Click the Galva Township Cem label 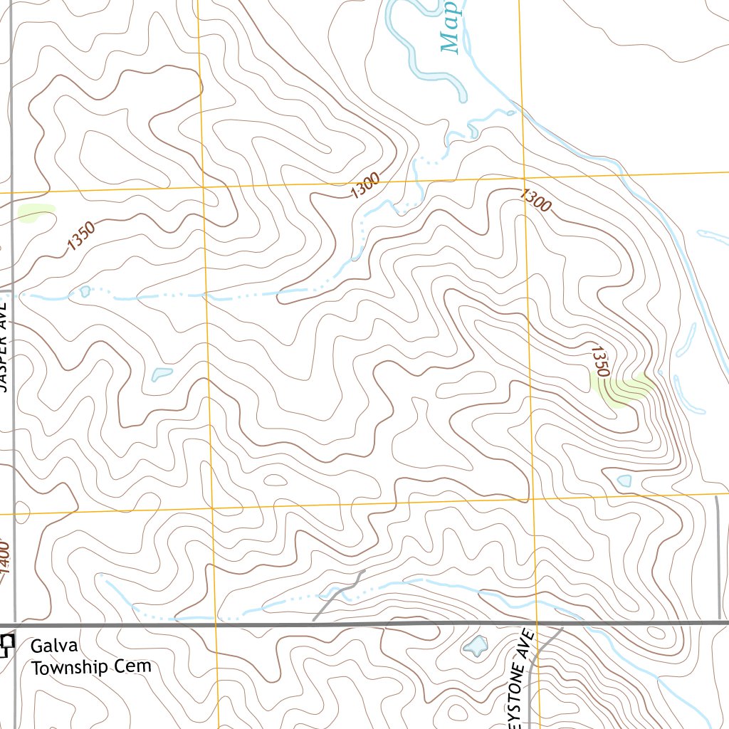point(91,656)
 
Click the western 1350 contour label point(80,237)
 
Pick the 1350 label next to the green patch point(600,360)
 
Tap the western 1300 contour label point(365,187)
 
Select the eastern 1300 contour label point(535,200)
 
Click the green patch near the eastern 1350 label point(623,387)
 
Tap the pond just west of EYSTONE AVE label point(475,646)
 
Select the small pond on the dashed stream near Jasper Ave point(85,291)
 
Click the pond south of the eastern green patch point(624,481)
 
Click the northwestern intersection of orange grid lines point(203,187)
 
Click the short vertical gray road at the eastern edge point(718,555)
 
